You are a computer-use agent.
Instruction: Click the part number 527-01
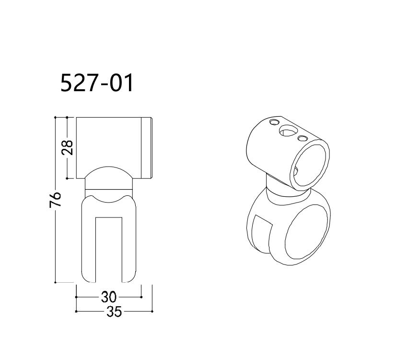click(97, 83)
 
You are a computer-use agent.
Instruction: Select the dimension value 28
click(68, 147)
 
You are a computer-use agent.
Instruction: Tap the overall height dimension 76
click(56, 199)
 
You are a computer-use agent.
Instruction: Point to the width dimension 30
click(108, 297)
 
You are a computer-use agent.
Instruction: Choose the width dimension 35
click(114, 312)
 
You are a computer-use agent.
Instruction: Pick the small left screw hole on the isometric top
click(274, 122)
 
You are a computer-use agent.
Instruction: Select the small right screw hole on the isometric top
click(303, 139)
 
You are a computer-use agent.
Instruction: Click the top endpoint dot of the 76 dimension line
click(56, 117)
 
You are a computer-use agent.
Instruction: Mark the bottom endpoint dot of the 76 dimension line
click(56, 282)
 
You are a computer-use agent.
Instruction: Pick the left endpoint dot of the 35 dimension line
click(76, 312)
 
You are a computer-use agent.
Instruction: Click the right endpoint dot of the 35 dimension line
click(152, 312)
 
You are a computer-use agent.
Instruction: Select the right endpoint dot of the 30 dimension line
click(141, 297)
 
